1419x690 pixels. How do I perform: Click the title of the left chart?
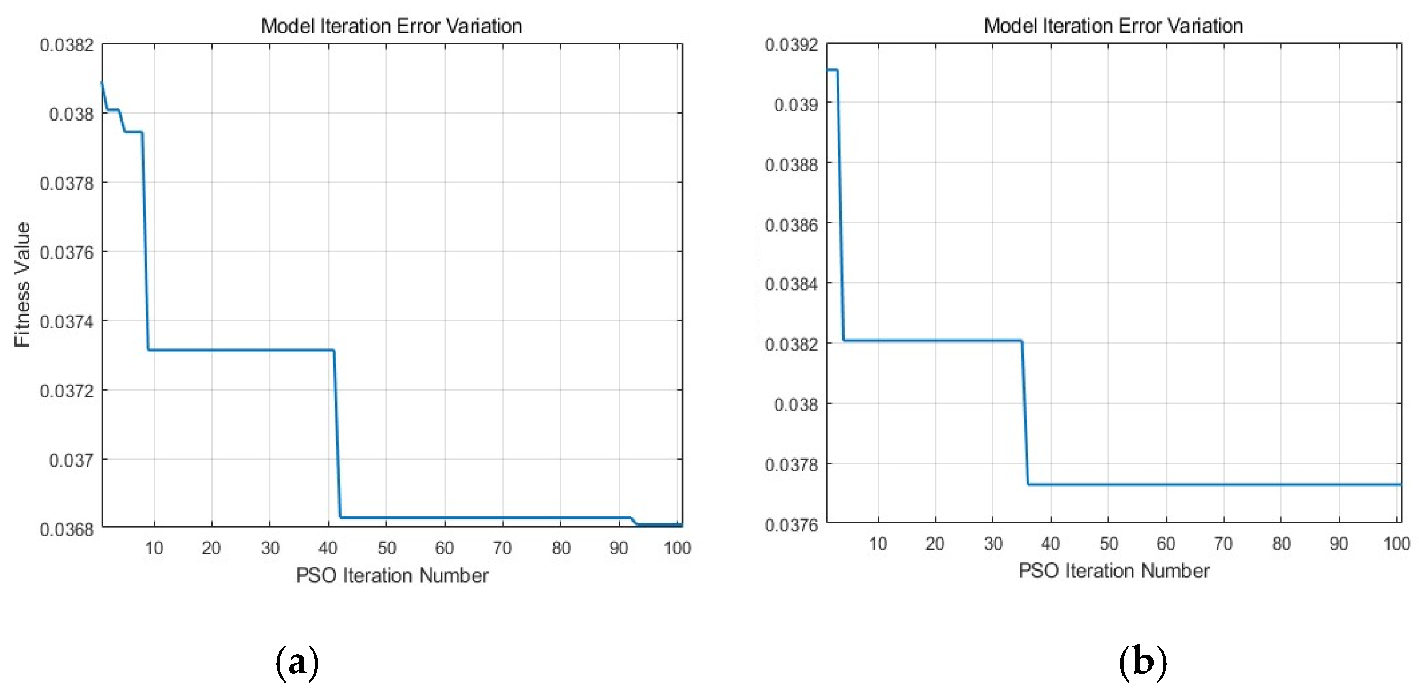coord(391,26)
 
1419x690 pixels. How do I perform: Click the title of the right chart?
coord(1113,25)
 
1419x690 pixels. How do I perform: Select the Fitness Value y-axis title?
coord(22,284)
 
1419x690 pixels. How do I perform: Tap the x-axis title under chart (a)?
coord(392,575)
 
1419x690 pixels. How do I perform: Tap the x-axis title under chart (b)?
coord(1114,571)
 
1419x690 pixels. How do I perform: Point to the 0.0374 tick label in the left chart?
coord(67,321)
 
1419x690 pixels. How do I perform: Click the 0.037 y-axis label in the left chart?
coord(71,460)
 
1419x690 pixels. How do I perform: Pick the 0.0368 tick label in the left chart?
coord(67,529)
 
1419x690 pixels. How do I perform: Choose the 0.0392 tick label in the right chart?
coord(791,44)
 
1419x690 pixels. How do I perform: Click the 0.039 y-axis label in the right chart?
coord(796,104)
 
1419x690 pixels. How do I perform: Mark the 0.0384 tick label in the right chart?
coord(791,284)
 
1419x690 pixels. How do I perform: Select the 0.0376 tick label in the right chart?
coord(791,524)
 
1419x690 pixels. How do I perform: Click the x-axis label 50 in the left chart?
coord(386,548)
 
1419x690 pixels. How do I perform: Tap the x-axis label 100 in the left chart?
coord(677,548)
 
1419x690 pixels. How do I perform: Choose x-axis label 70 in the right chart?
coord(1223,544)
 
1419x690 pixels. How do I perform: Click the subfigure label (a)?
coord(297,662)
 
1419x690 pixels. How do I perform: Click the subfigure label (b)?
coord(1142,662)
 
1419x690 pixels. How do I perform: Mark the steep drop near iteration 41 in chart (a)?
coord(337,434)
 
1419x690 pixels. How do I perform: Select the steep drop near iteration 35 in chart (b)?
coord(1025,412)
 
